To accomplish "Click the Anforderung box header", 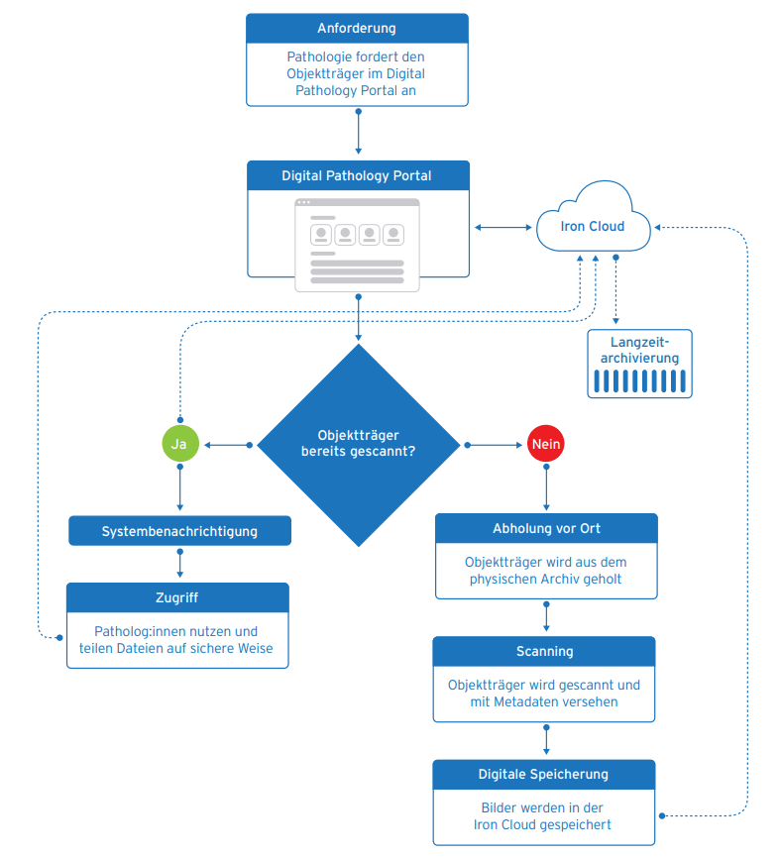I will pos(357,28).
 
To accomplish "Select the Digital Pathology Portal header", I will pos(357,176).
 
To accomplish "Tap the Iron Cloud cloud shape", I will pos(593,226).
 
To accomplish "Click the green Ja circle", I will pos(179,445).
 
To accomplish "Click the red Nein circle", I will pos(546,445).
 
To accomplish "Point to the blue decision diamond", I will pos(359,445).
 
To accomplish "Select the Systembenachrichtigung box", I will pos(179,531).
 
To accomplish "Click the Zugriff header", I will pos(178,598).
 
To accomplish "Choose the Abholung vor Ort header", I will pos(546,528).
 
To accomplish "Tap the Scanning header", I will pos(544,652).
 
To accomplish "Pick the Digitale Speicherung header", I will pos(544,774).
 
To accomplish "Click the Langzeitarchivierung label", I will pos(639,350).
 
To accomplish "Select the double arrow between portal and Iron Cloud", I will pos(502,228).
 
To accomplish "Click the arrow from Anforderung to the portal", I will pos(358,133).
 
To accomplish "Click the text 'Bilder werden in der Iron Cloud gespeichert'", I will pos(544,816).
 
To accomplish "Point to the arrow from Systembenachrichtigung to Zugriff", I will pos(179,563).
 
